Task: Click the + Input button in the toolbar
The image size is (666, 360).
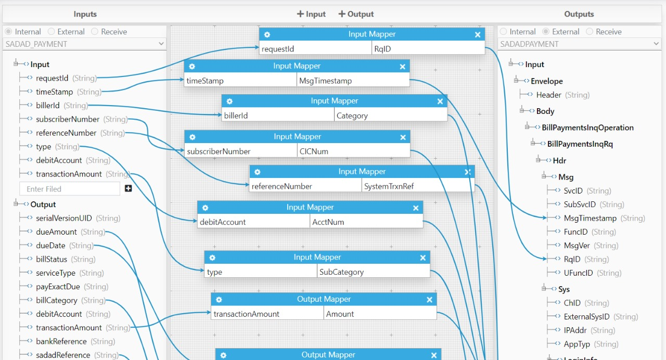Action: [311, 14]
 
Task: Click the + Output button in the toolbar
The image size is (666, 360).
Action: [356, 14]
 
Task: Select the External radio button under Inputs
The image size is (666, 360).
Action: [51, 32]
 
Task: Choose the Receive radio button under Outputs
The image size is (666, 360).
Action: [590, 32]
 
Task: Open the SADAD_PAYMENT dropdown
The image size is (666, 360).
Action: [84, 44]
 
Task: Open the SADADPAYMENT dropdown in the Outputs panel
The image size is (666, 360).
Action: [579, 44]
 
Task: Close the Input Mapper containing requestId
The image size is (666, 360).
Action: [478, 35]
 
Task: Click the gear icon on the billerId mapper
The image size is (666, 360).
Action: [229, 101]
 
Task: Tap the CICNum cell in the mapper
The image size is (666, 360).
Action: [353, 151]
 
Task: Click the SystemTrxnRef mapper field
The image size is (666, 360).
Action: [418, 186]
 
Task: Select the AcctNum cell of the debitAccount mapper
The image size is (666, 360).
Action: [366, 222]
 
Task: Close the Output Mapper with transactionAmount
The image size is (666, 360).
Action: [429, 300]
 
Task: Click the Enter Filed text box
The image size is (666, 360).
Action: [70, 189]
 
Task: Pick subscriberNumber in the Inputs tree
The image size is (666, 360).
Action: [68, 119]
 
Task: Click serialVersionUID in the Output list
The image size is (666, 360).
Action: [63, 218]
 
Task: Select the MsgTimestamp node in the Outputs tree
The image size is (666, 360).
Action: [590, 218]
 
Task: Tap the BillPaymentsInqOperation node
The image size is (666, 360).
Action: [587, 127]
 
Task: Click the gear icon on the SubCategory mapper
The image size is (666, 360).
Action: [212, 258]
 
